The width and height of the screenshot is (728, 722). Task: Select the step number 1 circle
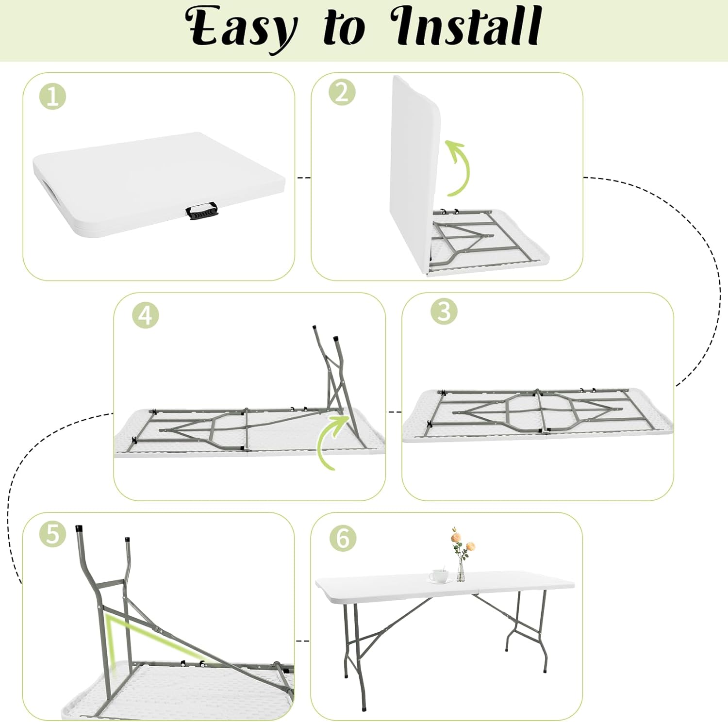(52, 97)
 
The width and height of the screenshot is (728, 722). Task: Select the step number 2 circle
(342, 92)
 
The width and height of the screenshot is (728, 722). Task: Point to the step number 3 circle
(444, 312)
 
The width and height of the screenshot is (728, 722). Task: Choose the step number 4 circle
(146, 316)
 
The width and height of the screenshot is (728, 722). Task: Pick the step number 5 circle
(52, 534)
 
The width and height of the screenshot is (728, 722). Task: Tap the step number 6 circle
(343, 538)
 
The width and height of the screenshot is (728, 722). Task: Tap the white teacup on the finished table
(440, 576)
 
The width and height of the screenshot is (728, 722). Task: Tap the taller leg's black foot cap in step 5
(80, 528)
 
